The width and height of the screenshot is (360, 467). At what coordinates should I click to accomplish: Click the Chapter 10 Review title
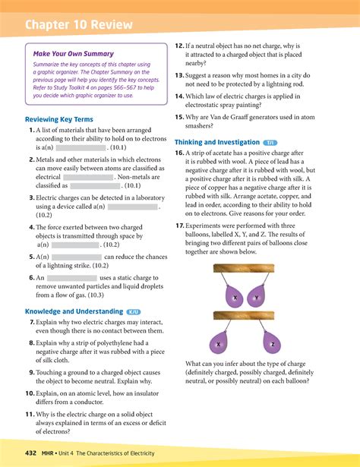(x=78, y=25)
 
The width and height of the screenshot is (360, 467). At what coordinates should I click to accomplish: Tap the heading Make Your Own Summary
(x=73, y=54)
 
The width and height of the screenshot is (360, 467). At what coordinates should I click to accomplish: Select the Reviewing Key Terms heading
(x=58, y=120)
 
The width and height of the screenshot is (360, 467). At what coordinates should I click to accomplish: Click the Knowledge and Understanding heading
(x=74, y=311)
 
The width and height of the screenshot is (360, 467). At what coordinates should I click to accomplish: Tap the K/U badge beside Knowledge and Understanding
(x=134, y=311)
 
